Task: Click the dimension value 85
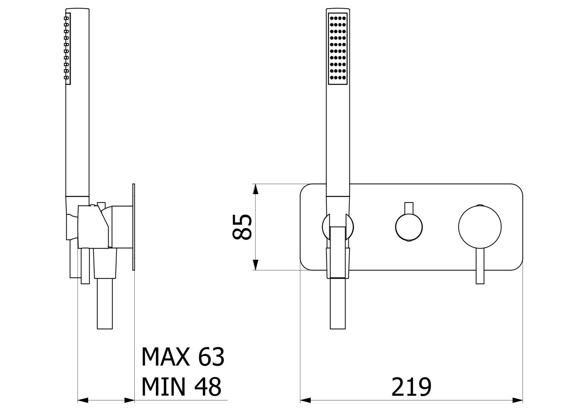coord(242,227)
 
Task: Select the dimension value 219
coord(411,387)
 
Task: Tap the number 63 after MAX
coord(211,356)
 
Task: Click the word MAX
coord(166,356)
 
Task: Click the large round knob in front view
coord(480,227)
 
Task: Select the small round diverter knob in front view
coord(409,227)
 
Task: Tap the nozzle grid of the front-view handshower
coord(338,48)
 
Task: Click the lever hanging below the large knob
coord(480,266)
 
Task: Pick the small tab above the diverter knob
coord(409,208)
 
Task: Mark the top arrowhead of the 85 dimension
coord(255,189)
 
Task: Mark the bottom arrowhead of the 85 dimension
coord(255,265)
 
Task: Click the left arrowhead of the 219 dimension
coord(305,400)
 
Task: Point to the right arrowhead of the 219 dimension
coord(518,400)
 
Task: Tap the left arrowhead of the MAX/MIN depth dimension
coord(83,400)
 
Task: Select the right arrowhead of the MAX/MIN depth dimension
coord(129,400)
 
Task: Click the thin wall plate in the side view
coord(134,227)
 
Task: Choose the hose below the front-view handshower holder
coord(338,303)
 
